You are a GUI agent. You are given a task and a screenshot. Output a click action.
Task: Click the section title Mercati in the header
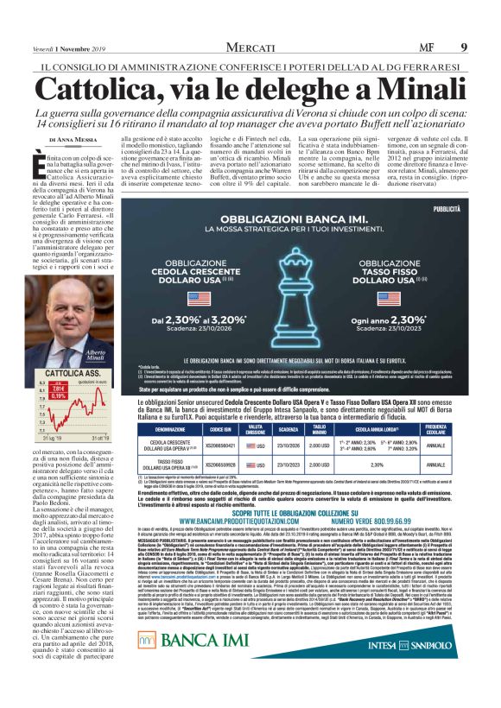pyautogui.click(x=250, y=46)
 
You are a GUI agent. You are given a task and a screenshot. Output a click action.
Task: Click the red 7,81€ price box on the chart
pyautogui.click(x=63, y=389)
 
